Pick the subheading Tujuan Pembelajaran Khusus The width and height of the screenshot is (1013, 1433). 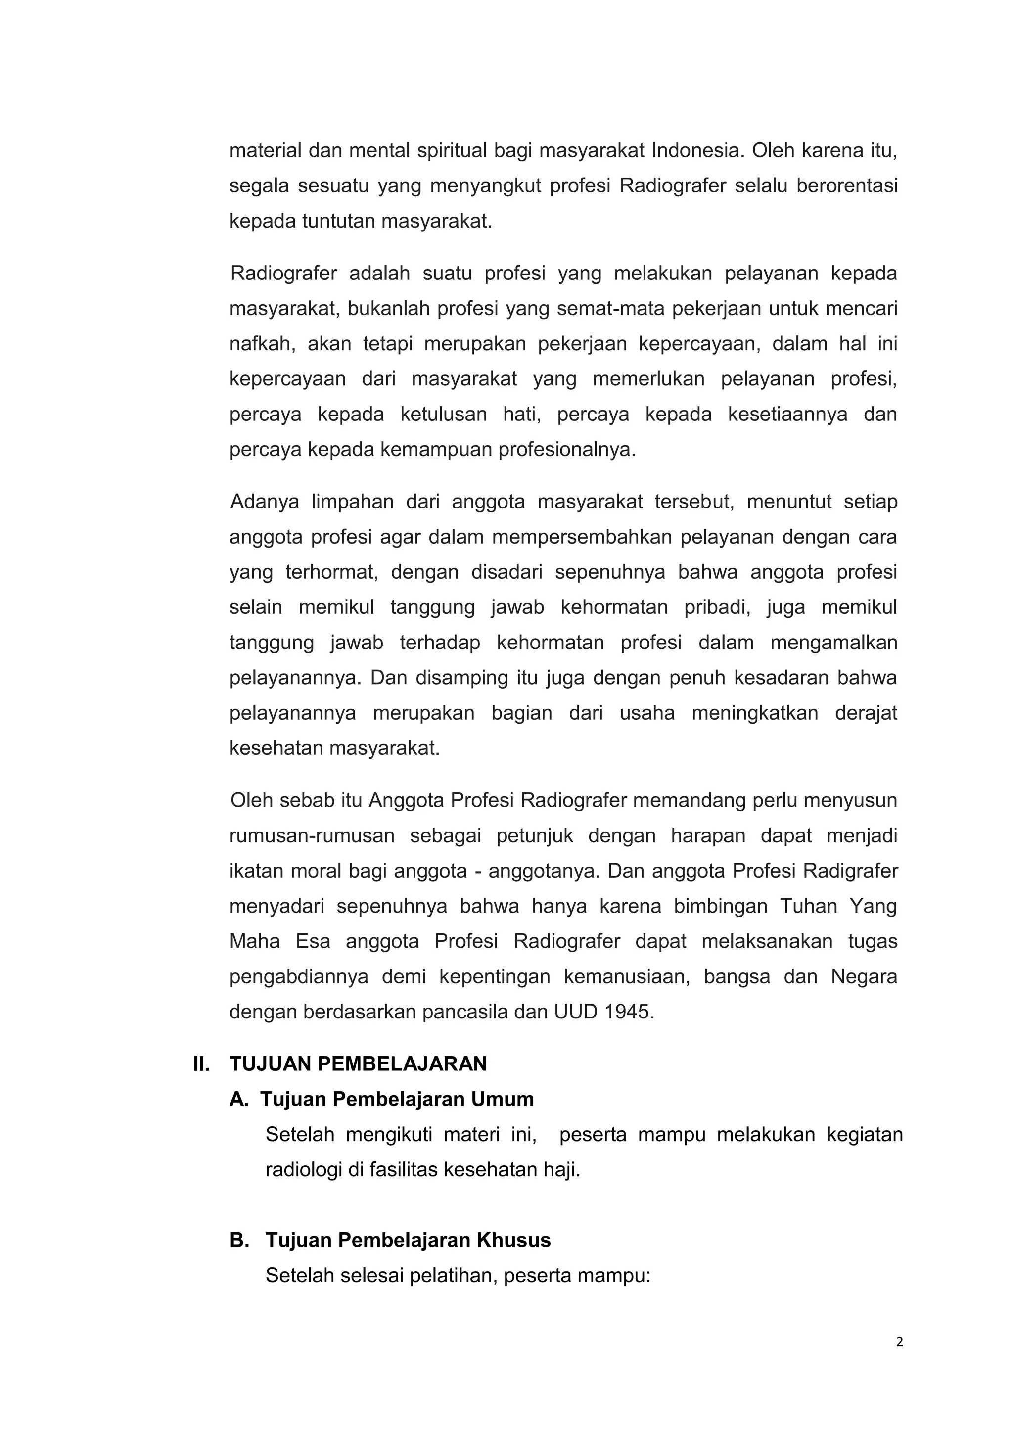pos(408,1240)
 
